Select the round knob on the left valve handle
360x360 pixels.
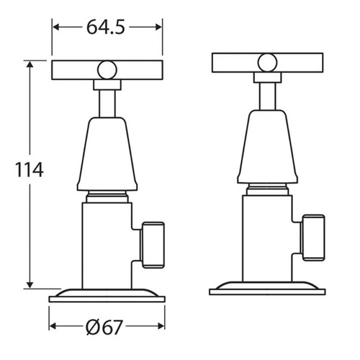(x=107, y=70)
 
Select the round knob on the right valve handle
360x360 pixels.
(x=267, y=62)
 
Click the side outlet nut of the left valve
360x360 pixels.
(x=153, y=244)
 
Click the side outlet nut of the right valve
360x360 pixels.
(x=314, y=237)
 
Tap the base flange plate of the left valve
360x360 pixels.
(x=107, y=295)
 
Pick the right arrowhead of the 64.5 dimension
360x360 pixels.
(x=158, y=28)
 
